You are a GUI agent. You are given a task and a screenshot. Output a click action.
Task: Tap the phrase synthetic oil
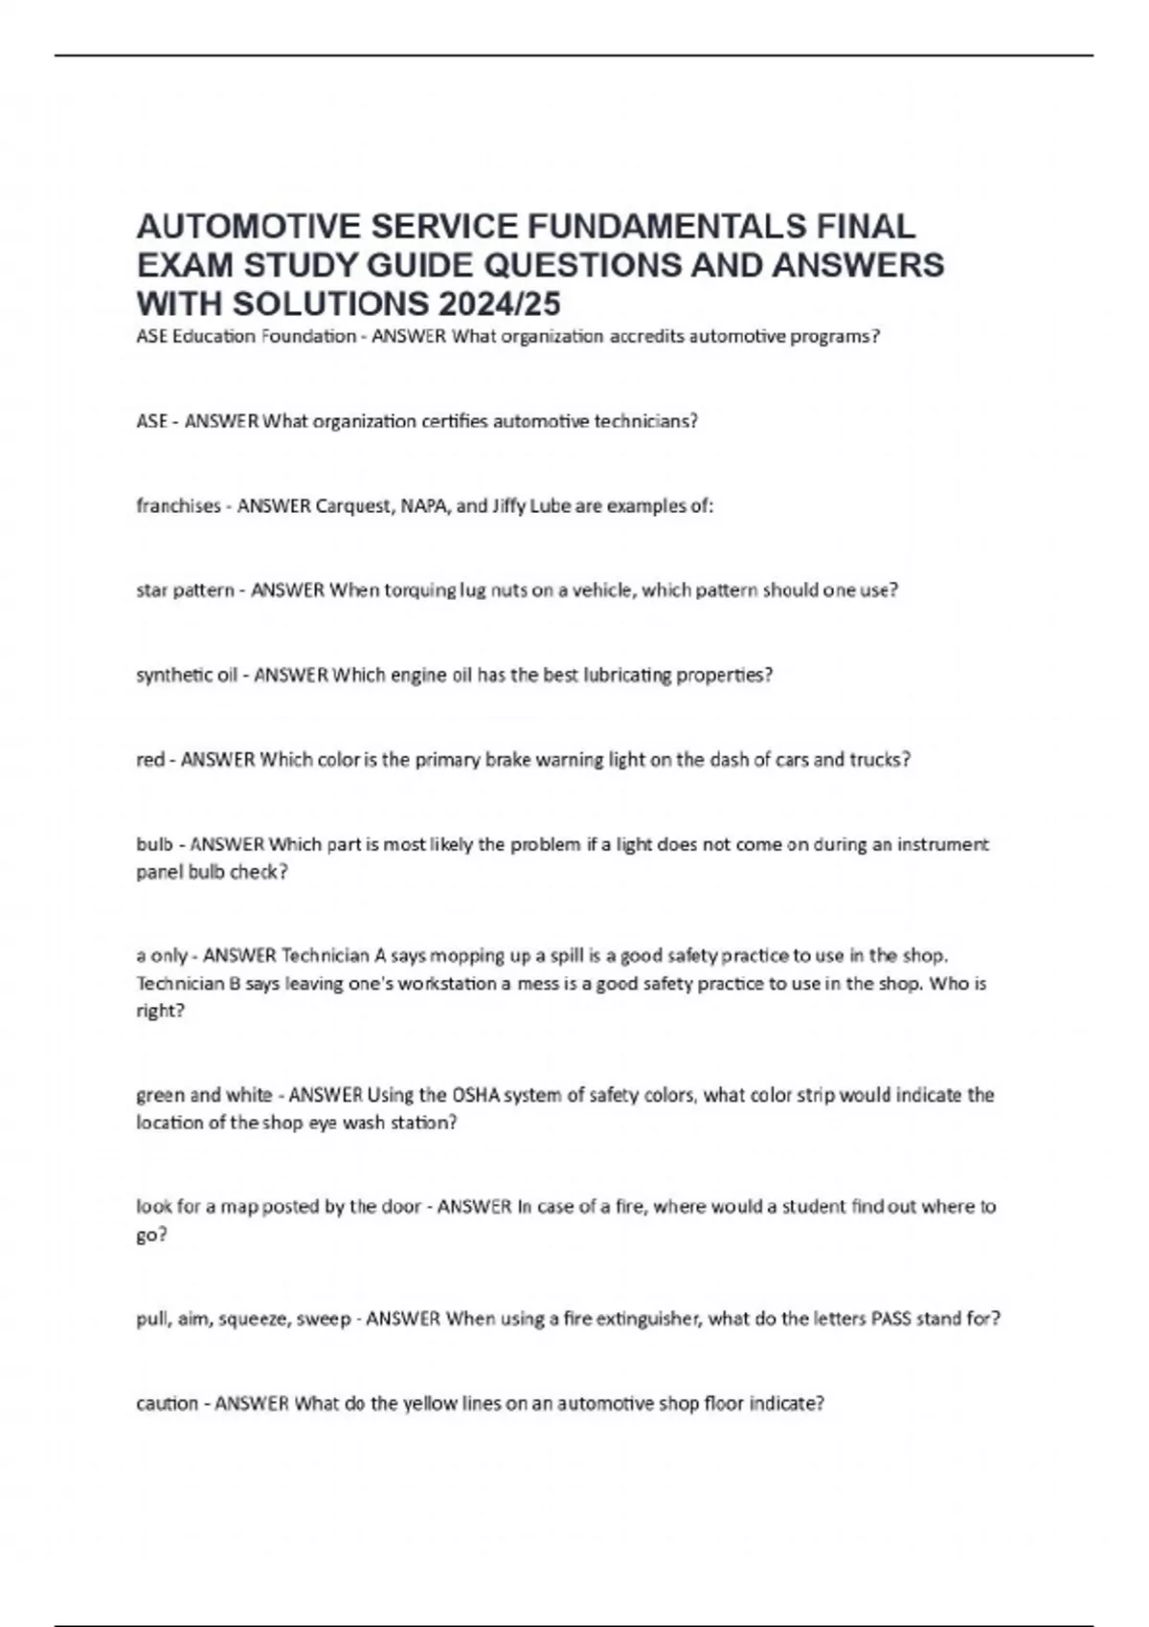[x=187, y=675]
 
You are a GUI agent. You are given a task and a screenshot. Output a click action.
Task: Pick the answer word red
[x=150, y=760]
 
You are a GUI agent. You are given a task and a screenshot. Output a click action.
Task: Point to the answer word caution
[x=167, y=1404]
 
